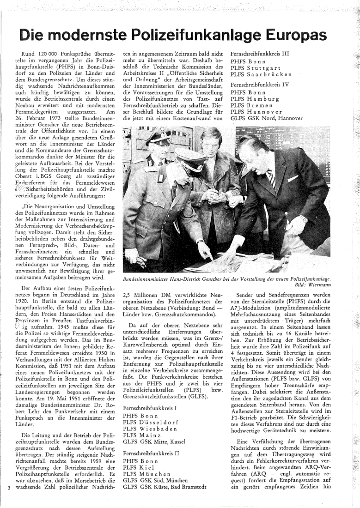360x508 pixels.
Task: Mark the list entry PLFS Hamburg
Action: [x=254, y=99]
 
